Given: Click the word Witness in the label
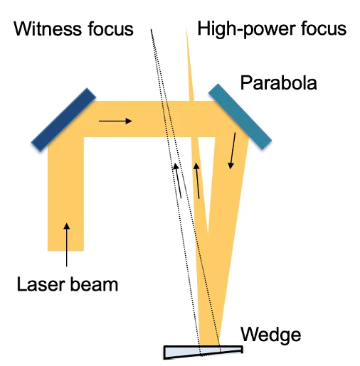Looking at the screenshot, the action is (48, 29).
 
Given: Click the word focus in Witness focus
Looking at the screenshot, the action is (111, 29).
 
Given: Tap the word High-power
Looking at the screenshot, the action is (246, 29).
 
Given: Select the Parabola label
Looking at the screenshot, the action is (279, 82).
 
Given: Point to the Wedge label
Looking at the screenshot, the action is (271, 335).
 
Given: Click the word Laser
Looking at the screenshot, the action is (41, 284).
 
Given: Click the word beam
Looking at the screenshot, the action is (95, 284).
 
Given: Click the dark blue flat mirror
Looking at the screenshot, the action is (63, 119).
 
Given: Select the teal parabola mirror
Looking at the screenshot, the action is (240, 117).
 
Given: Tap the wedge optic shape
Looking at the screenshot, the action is (203, 352).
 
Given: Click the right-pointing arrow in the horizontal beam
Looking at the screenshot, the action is (115, 121).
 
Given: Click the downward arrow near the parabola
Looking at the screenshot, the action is (232, 151).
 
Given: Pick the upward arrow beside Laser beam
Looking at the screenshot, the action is (67, 244).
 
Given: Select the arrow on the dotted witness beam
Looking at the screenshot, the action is (178, 181).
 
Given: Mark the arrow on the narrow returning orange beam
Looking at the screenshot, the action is (197, 181).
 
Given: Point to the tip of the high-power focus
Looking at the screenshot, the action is (186, 28).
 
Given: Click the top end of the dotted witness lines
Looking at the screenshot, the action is (151, 29).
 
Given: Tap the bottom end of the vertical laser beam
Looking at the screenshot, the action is (65, 250).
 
